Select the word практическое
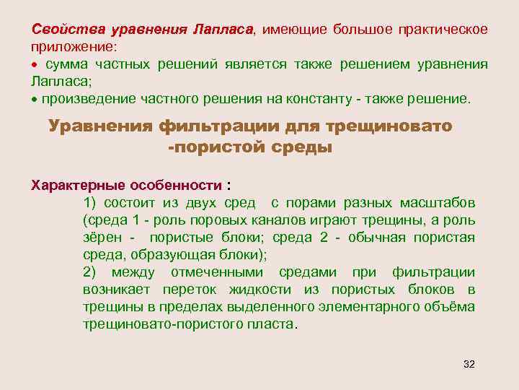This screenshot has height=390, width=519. [443, 30]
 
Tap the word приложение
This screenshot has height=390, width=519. [71, 47]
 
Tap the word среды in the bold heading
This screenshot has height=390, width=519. [299, 148]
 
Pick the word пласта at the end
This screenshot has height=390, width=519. [274, 324]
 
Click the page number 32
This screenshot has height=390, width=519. [469, 363]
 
